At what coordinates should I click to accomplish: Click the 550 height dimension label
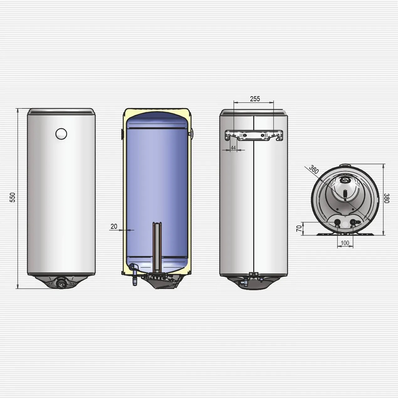pyautogui.click(x=13, y=197)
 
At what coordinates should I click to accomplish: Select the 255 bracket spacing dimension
pyautogui.click(x=255, y=99)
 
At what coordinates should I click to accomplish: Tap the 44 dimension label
pyautogui.click(x=233, y=148)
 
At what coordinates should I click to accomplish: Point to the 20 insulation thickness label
pyautogui.click(x=114, y=226)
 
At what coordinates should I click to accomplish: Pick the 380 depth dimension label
pyautogui.click(x=386, y=198)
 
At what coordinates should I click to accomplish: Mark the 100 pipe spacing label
pyautogui.click(x=345, y=243)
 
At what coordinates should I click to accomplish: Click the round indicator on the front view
pyautogui.click(x=61, y=134)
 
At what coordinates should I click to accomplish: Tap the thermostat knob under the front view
pyautogui.click(x=61, y=283)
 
